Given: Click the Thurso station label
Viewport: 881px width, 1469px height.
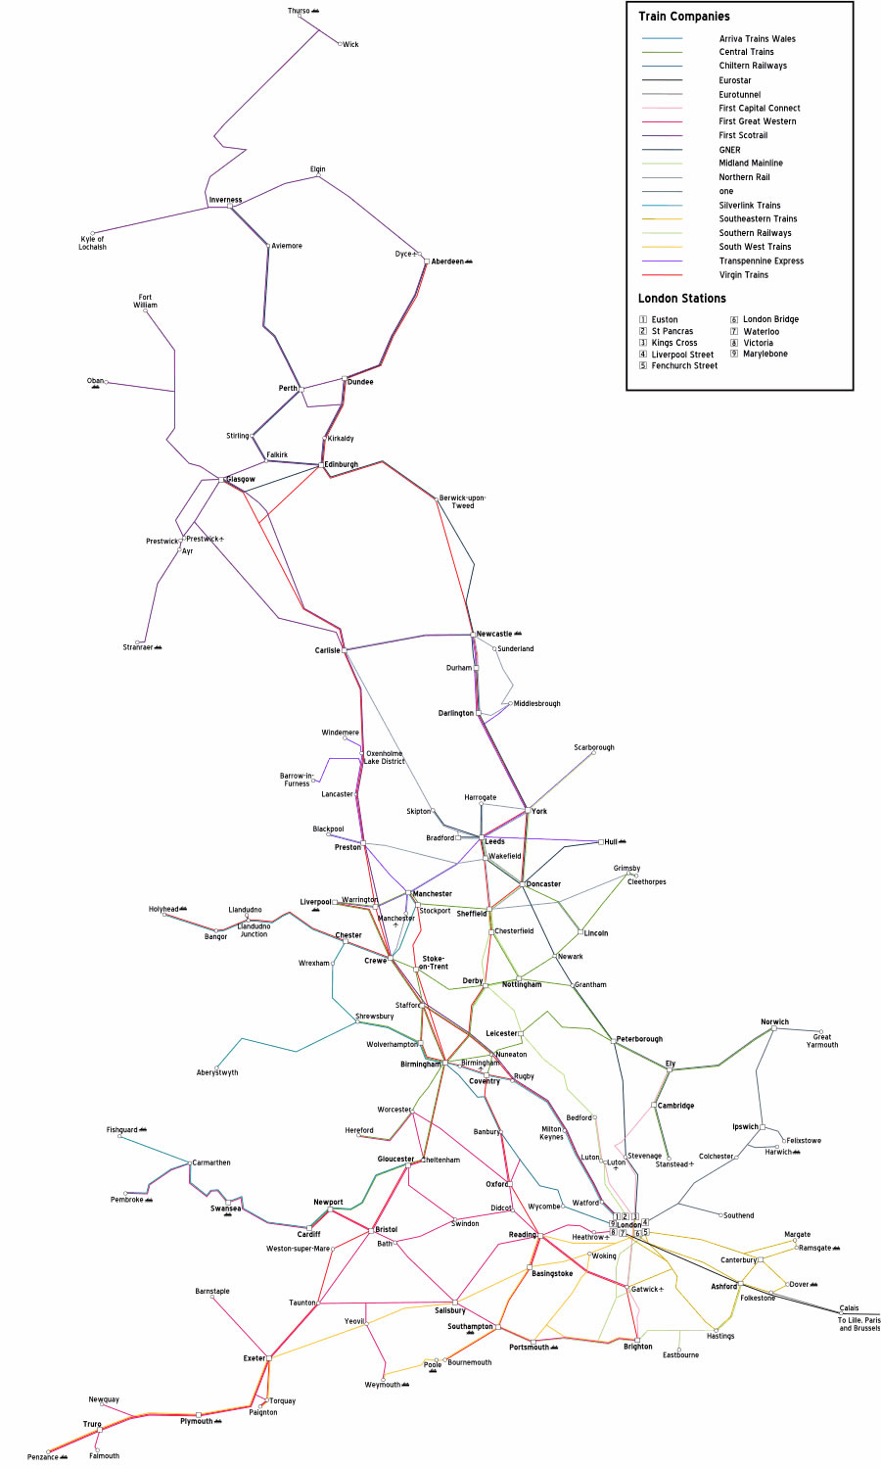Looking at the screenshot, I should [x=299, y=12].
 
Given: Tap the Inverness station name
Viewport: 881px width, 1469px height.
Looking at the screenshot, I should [x=225, y=200].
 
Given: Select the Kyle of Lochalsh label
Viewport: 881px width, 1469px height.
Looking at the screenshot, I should [x=92, y=243].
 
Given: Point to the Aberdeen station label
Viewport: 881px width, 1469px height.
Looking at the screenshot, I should [x=447, y=261].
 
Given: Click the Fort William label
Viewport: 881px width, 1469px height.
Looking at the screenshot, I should [x=145, y=301].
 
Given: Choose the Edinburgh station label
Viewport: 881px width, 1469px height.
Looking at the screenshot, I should [x=341, y=464].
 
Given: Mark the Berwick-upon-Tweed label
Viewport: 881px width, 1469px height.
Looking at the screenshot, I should [x=462, y=501].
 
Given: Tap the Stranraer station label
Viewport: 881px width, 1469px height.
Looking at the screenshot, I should [x=138, y=647].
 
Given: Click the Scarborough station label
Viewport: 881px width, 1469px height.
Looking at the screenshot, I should [x=594, y=747].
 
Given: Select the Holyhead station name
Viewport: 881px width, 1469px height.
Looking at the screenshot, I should [x=163, y=910].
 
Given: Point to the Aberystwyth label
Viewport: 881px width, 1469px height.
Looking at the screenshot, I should [x=217, y=1072].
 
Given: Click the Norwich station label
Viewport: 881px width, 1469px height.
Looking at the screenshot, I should [x=774, y=1021].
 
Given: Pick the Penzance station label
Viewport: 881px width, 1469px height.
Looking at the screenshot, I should [x=42, y=1457].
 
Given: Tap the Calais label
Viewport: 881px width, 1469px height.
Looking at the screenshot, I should [x=849, y=1308].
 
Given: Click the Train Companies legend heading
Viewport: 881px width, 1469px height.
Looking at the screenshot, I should [x=683, y=17].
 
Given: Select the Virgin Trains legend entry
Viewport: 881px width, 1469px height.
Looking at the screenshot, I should [x=743, y=275].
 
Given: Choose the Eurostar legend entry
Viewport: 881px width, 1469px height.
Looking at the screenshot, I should [x=735, y=80].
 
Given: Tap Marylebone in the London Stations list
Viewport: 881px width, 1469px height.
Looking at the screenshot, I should [x=765, y=354].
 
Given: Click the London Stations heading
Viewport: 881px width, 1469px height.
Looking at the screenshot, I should [x=681, y=299].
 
